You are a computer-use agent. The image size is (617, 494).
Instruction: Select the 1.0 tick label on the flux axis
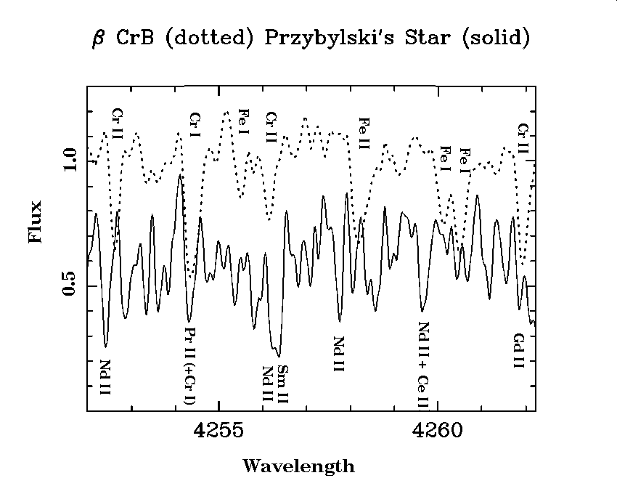70,161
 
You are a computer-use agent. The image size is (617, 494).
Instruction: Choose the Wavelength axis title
298,466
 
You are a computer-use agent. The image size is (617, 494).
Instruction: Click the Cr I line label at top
194,125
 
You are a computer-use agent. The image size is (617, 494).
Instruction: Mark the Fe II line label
364,133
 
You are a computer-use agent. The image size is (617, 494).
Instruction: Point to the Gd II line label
518,352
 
